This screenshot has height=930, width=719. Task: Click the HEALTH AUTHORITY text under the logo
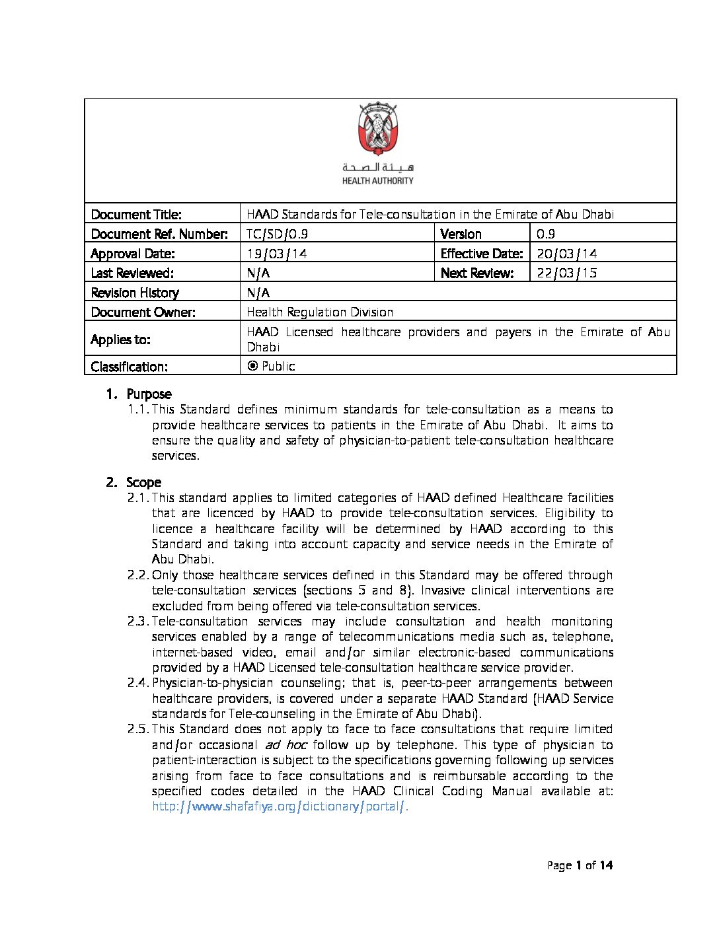pos(377,181)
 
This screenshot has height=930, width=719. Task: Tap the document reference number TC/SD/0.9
pos(277,234)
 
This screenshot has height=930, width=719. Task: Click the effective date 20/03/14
pos(566,254)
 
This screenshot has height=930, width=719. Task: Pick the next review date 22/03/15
pos(566,273)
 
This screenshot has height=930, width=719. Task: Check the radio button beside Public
pos(252,366)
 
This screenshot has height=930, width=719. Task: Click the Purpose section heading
pos(149,394)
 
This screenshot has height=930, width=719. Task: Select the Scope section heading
pos(143,483)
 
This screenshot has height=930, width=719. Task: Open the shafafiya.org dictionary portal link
pos(280,806)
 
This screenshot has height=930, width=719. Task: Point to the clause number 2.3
pos(138,622)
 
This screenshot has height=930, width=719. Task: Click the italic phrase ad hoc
pos(285,745)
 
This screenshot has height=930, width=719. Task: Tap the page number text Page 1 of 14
pos(580,865)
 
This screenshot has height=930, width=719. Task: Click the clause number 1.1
pos(138,410)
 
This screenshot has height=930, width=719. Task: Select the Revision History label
pos(135,293)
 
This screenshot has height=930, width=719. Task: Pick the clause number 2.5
pos(138,729)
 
